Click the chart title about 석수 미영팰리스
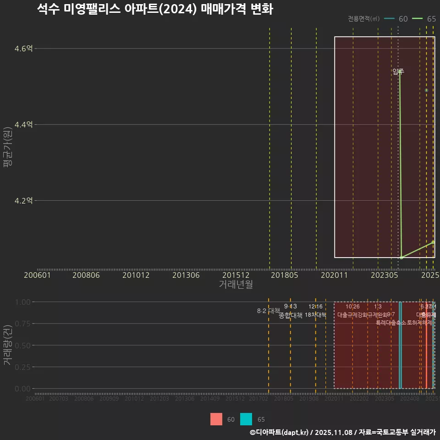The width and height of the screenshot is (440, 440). coord(155,9)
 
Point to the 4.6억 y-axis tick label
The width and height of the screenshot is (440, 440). coord(23,48)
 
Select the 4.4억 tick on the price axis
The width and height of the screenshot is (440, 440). coord(23,124)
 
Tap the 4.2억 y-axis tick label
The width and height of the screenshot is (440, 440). coord(23,200)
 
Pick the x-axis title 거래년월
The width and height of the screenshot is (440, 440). coord(236,284)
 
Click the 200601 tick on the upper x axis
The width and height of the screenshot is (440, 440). coord(37,275)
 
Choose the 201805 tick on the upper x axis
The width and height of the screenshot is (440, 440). coord(284,275)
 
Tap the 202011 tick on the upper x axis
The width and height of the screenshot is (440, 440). coord(334,275)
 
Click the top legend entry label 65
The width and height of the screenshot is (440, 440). coord(431,19)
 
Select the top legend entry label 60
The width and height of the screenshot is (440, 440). coord(403,19)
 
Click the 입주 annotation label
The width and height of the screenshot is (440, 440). coord(398,71)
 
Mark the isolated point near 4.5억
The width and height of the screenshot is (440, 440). coord(426,90)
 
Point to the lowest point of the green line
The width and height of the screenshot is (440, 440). coord(401,258)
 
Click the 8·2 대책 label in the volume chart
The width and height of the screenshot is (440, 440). coord(268,311)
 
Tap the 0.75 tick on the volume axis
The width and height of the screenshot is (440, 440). coord(22,324)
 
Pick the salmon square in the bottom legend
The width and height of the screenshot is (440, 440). coord(216,419)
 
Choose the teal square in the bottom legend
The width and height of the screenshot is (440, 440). coord(246,419)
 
